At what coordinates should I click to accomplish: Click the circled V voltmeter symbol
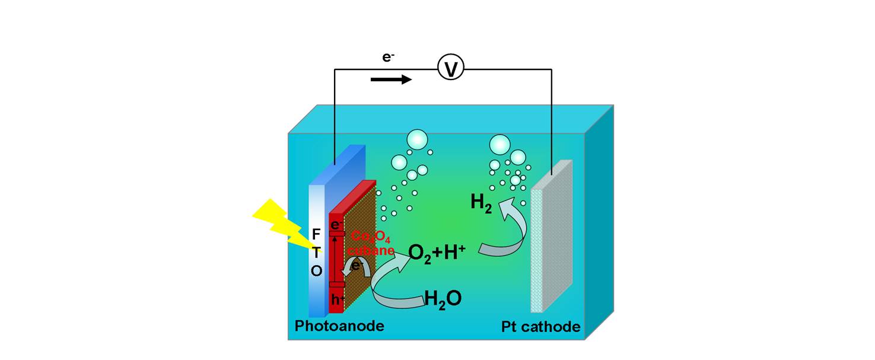450,69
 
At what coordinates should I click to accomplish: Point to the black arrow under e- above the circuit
391,79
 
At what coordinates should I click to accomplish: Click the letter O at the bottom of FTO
316,271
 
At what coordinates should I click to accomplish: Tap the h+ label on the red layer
337,300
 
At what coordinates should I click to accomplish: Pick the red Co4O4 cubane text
371,243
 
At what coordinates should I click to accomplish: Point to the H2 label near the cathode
481,203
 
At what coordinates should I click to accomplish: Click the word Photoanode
339,326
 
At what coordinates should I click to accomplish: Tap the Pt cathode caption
540,327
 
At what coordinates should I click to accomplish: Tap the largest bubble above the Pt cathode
499,144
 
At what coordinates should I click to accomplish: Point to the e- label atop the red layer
336,225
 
